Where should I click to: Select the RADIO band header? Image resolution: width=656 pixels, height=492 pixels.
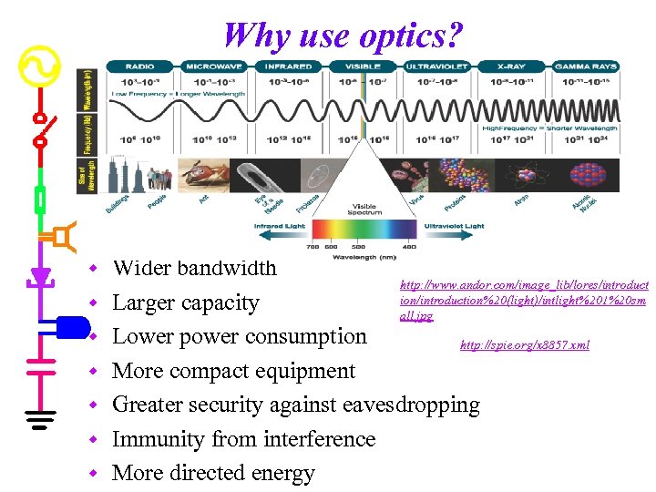click(x=139, y=67)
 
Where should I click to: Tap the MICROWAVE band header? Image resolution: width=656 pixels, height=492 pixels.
click(x=215, y=67)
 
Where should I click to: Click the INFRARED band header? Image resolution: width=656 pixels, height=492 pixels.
click(x=289, y=67)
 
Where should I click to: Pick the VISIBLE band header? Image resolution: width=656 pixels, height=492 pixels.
click(x=362, y=67)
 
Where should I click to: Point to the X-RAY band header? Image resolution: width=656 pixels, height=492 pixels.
click(x=510, y=67)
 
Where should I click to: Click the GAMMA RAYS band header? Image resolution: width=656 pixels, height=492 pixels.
click(x=585, y=67)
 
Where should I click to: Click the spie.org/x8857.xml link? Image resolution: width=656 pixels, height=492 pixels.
click(x=524, y=345)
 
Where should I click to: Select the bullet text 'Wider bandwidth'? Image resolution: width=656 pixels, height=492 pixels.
click(x=194, y=269)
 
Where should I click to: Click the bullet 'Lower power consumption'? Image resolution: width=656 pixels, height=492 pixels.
click(x=239, y=336)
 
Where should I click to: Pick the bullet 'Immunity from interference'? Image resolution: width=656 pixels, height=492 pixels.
click(x=243, y=439)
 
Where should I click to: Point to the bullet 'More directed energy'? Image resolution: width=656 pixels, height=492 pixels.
click(x=213, y=473)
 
